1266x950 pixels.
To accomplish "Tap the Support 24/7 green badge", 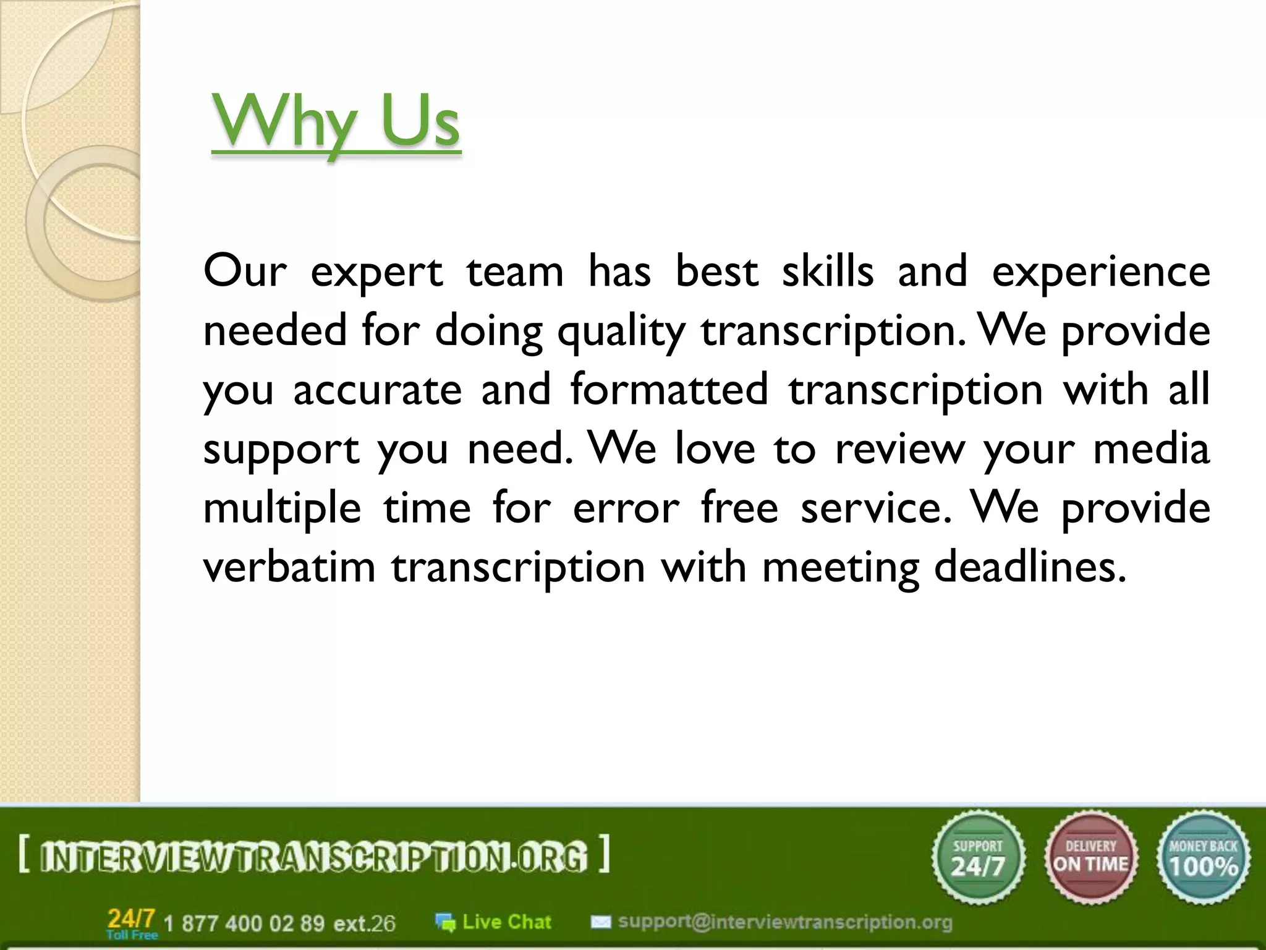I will [x=978, y=858].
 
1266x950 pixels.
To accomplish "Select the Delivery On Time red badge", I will [x=1091, y=858].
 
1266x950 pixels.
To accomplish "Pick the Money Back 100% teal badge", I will [x=1204, y=858].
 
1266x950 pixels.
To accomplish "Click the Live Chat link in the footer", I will [x=506, y=922].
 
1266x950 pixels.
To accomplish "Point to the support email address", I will [x=785, y=922].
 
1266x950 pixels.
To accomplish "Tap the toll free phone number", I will [x=279, y=923].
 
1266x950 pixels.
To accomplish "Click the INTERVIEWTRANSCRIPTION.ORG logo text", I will [x=313, y=857].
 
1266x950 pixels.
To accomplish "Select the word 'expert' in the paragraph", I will [x=376, y=272].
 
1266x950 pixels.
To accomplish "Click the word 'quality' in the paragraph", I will [x=621, y=331].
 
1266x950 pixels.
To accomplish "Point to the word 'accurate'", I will [x=377, y=390].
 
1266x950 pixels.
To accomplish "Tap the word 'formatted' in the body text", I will [x=669, y=389].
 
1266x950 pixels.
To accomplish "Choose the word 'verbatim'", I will [x=289, y=567].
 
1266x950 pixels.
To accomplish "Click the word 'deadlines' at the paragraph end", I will [x=1030, y=567].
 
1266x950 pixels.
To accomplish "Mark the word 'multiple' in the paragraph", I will [x=282, y=508].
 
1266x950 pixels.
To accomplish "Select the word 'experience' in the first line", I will [x=1101, y=272].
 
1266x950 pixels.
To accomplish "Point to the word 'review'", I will [x=899, y=449].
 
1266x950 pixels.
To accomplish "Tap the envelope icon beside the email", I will [x=600, y=922].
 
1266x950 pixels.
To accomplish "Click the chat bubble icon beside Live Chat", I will [x=445, y=922].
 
